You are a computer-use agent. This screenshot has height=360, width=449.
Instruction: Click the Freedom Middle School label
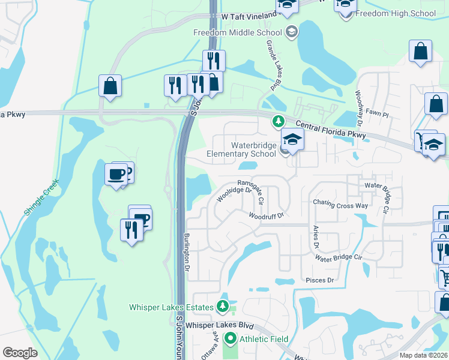pyautogui.click(x=238, y=32)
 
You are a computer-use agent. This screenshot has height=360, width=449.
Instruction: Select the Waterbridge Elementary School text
pyautogui.click(x=241, y=149)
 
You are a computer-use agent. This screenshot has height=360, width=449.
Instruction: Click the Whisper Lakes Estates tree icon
pyautogui.click(x=223, y=307)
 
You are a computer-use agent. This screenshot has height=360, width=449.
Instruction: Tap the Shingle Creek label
pyautogui.click(x=43, y=198)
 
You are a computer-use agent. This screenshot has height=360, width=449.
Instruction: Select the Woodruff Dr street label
pyautogui.click(x=265, y=215)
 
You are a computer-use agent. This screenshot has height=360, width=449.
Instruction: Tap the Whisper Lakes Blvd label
pyautogui.click(x=220, y=325)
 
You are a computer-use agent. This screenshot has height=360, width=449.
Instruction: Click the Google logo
pyautogui.click(x=20, y=353)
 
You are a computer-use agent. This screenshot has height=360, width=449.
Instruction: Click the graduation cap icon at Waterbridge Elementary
pyautogui.click(x=293, y=140)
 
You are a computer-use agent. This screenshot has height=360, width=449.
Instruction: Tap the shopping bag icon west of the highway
pyautogui.click(x=110, y=86)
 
